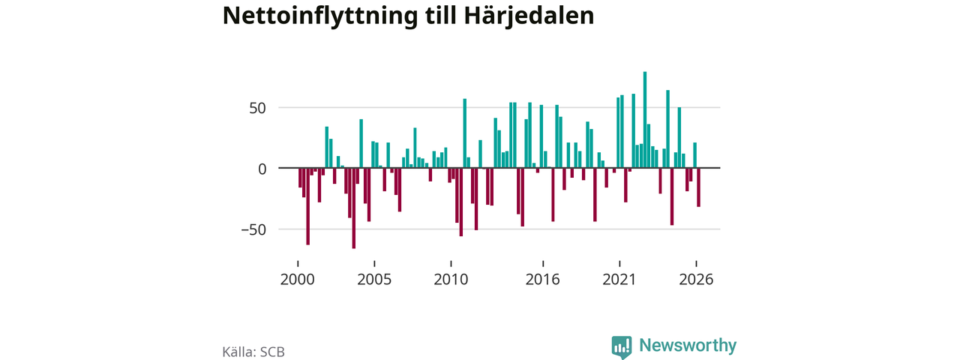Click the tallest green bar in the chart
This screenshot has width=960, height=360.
point(645,119)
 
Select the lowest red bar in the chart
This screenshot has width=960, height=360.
point(353,208)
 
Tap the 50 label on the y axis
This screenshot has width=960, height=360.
point(257,108)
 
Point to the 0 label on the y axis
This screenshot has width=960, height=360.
point(262,169)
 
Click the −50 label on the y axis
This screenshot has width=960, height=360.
point(253,230)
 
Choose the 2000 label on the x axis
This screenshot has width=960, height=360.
point(298,280)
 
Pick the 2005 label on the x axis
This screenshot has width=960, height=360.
point(374,280)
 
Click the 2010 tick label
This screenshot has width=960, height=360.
point(451,280)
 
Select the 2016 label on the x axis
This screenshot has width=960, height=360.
point(542,280)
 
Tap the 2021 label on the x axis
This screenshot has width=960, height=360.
point(619,280)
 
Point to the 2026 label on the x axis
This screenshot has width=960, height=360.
point(696,280)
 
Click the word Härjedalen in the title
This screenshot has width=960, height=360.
point(529,16)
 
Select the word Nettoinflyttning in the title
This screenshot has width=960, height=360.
point(319,16)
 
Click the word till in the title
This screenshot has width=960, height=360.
point(440,16)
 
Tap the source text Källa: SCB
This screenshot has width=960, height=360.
point(253,352)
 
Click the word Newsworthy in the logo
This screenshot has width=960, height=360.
point(688,345)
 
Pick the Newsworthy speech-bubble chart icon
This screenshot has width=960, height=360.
point(622,347)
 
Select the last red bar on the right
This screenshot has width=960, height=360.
point(698,187)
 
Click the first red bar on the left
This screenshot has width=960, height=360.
point(300,178)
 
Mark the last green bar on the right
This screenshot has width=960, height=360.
point(694,155)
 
